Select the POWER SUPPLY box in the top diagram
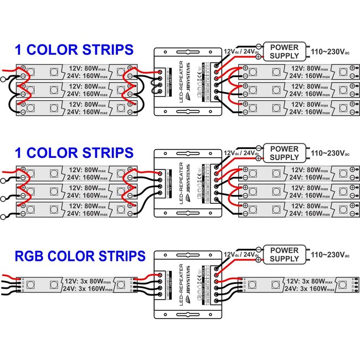[284, 51]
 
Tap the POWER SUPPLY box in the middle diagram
[284, 153]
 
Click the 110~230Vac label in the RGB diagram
[330, 255]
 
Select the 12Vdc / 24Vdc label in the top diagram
[241, 50]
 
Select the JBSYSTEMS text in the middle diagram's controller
[188, 179]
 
